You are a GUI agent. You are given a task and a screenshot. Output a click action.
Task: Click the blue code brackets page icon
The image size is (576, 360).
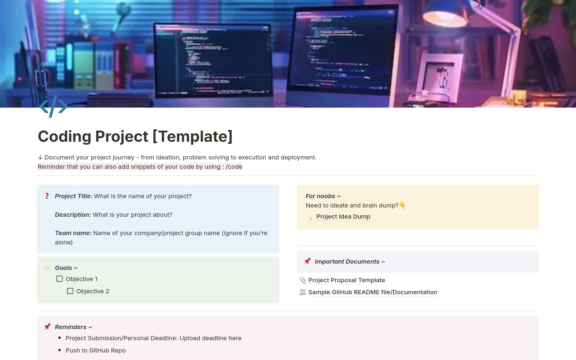[x=53, y=107]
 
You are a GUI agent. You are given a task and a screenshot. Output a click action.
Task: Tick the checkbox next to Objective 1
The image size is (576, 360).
[x=59, y=279]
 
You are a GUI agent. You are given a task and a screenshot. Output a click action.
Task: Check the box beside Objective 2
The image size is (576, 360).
[x=70, y=291]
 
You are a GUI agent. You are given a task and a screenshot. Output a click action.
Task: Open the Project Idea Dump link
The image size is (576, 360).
[x=343, y=216]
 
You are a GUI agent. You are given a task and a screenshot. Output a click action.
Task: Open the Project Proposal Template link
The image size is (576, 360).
[x=346, y=280]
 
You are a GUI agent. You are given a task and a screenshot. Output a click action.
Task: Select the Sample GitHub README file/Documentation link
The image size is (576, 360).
[x=372, y=292]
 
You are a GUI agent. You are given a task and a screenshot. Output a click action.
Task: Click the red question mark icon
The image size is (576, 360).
[x=47, y=196]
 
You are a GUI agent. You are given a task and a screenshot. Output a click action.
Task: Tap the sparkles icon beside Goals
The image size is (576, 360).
[x=47, y=268]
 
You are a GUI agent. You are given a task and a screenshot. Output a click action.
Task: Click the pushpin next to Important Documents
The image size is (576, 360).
[x=307, y=261]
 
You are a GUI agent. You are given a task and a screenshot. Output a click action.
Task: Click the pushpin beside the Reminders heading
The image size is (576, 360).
[x=47, y=327]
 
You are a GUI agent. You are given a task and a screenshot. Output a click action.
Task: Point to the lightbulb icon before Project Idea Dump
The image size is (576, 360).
[x=310, y=216]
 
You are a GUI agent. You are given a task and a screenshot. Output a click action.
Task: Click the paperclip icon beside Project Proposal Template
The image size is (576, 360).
[x=303, y=280]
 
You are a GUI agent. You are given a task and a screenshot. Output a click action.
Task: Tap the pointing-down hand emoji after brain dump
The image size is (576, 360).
[x=402, y=205]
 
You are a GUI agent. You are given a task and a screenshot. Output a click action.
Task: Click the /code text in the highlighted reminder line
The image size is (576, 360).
[x=234, y=167]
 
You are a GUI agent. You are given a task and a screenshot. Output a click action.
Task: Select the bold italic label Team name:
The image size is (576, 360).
[x=73, y=233]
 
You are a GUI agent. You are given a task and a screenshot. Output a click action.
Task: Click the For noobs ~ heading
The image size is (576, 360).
[x=323, y=196]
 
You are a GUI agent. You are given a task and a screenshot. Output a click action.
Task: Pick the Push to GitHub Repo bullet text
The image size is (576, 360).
[x=95, y=350]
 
